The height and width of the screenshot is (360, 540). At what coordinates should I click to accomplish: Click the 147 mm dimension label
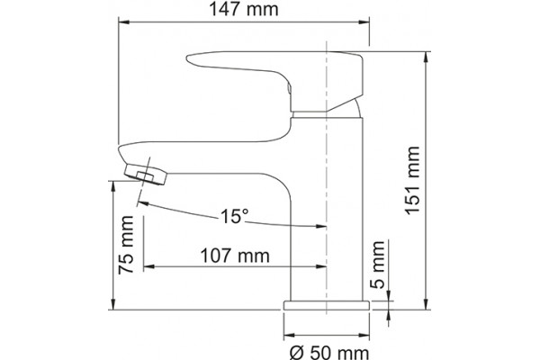(244, 9)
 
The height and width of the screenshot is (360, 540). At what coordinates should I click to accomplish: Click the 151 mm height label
(412, 181)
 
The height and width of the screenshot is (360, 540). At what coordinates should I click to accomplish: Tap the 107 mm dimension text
(235, 256)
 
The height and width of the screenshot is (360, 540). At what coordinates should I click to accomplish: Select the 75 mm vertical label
(126, 245)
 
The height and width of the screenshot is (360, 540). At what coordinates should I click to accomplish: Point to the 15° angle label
(234, 216)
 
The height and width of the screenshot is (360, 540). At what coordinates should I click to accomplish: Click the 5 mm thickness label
(378, 265)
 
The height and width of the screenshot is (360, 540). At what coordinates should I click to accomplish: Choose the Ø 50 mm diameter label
(329, 353)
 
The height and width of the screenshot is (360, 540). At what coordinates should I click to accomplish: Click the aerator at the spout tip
(146, 175)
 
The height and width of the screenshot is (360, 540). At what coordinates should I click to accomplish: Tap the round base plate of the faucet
(327, 305)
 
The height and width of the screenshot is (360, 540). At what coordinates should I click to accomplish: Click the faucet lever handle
(275, 81)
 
